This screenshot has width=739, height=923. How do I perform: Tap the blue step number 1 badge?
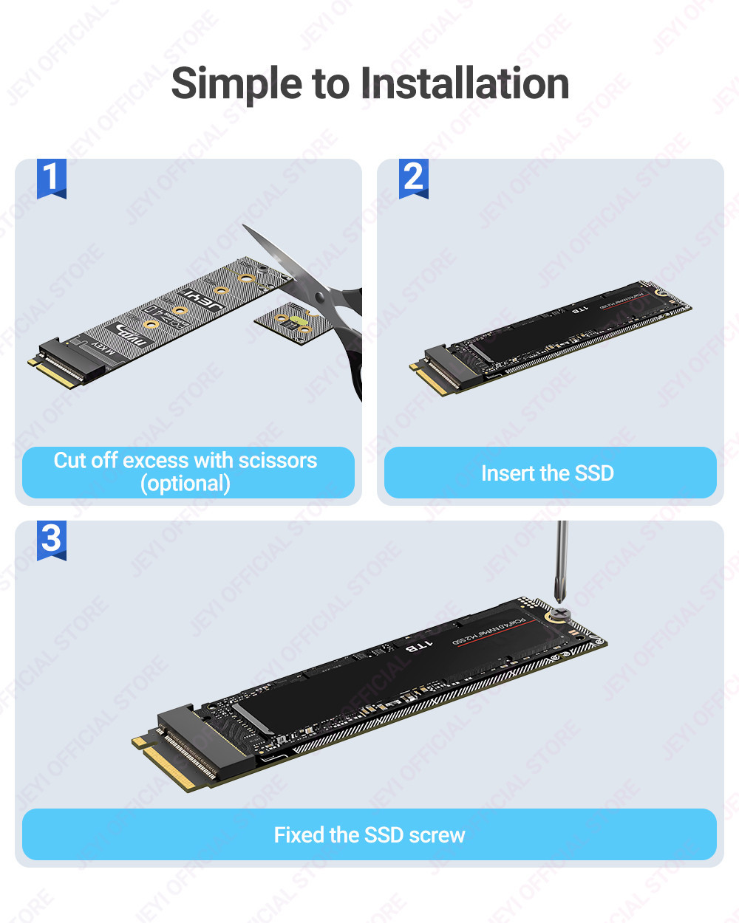tap(51, 178)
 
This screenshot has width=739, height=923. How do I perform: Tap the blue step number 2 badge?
tap(413, 178)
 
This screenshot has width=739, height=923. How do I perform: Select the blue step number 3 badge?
tap(51, 539)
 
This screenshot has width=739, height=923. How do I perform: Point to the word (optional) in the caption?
tap(185, 484)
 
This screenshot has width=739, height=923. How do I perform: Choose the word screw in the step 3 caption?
tap(436, 835)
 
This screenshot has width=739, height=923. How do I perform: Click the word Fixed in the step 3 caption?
tap(299, 835)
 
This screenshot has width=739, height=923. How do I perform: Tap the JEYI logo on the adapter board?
tap(201, 301)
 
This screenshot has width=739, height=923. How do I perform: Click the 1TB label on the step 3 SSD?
tap(418, 647)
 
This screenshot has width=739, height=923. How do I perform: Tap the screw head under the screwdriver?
tap(561, 614)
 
